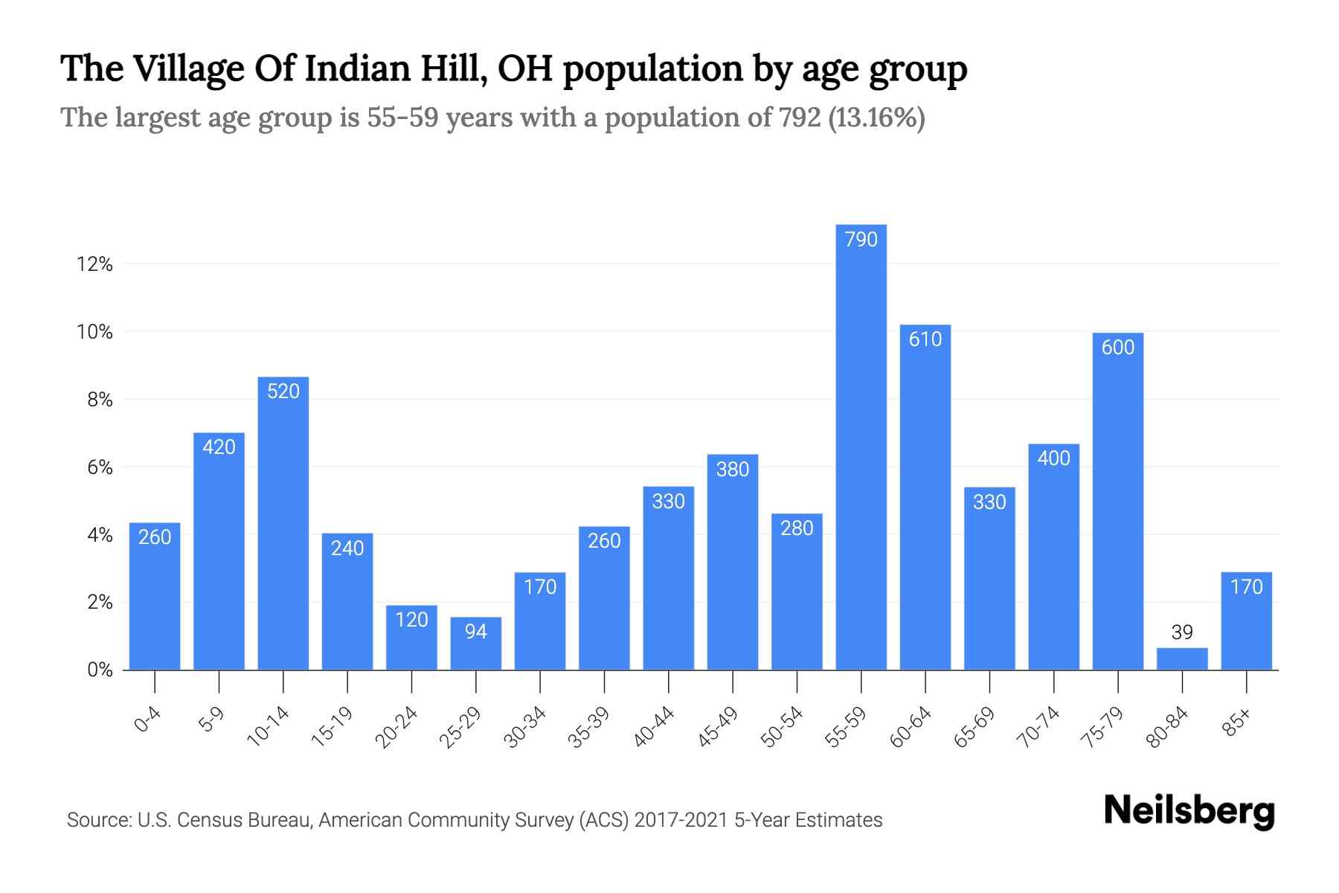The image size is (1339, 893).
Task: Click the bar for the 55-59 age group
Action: click(861, 446)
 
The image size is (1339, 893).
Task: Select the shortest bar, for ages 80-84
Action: click(1182, 659)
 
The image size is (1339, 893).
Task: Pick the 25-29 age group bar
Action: click(475, 644)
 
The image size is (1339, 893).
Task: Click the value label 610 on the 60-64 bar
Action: click(925, 339)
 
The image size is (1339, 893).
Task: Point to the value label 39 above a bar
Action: click(1181, 633)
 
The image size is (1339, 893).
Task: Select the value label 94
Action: click(475, 632)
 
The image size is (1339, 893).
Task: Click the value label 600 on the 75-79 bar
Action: click(1117, 348)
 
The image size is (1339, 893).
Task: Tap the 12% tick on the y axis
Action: click(94, 264)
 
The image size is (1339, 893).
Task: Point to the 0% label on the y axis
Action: click(100, 670)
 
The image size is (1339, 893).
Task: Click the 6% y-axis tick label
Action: click(100, 467)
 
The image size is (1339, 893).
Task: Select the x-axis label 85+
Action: click(1238, 723)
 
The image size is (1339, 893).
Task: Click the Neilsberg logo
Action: click(1189, 811)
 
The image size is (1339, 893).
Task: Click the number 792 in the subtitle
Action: click(800, 118)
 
